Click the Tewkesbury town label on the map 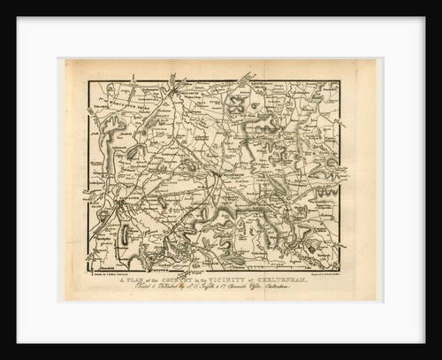click(189, 89)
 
